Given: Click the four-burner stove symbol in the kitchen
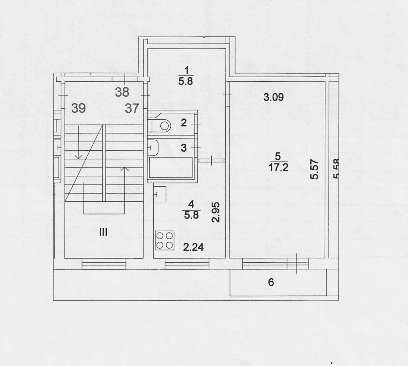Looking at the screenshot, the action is coord(164,240).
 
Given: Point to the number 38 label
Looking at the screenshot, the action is coord(122,92).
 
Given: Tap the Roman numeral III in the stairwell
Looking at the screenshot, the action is coord(103,232).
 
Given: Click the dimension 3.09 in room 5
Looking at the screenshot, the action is coord(273,97).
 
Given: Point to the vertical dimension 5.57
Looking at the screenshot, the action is coord(315,169).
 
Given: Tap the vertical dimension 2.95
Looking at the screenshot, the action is coord(217,212).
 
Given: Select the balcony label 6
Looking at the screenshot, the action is coord(271,282).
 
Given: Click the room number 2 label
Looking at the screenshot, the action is coord(184,123).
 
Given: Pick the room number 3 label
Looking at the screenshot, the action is coord(184,148).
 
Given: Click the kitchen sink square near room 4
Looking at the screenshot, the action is coord(160,194).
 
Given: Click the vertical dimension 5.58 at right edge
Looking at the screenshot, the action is coord(336,169).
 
